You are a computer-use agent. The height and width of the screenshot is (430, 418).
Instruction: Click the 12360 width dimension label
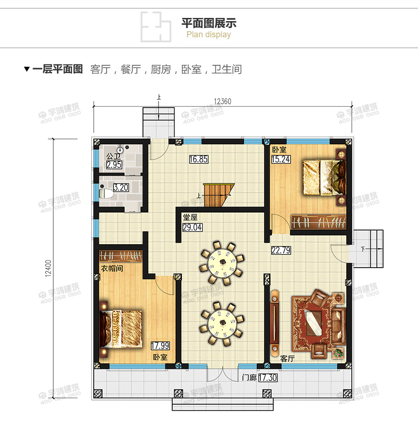tap(222, 102)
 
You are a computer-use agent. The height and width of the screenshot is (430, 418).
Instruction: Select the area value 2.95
tap(114, 165)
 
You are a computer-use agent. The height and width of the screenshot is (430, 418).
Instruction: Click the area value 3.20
tap(121, 188)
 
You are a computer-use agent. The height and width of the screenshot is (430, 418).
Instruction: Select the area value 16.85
tap(198, 160)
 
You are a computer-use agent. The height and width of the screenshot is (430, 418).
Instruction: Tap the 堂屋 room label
tap(191, 218)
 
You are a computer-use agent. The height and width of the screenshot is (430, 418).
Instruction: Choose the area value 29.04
tap(192, 227)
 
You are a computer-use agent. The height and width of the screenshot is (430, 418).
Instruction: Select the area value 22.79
tap(281, 250)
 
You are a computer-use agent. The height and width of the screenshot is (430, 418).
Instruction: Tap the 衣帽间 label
tap(112, 268)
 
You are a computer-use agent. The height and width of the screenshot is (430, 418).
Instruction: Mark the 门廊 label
tap(249, 378)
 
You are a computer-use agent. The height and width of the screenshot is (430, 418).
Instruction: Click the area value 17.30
tap(267, 378)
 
